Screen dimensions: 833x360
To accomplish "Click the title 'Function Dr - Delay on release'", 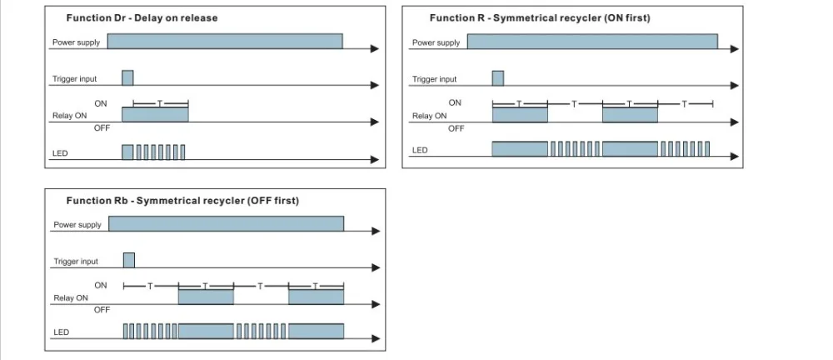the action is [142, 18].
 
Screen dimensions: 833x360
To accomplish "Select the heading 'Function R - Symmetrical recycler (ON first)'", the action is [540, 18].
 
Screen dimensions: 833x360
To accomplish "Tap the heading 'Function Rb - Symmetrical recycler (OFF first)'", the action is [182, 201].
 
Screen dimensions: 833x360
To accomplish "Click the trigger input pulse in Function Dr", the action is [127, 77].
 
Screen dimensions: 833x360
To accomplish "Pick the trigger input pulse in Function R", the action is [498, 78].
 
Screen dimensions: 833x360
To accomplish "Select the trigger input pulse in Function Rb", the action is [129, 260].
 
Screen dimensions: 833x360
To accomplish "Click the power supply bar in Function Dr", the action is [225, 41].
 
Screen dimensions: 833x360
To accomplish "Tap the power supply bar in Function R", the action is [592, 42].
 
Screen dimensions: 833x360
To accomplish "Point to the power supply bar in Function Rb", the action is [227, 224].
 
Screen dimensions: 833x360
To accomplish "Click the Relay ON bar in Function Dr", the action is [155, 115].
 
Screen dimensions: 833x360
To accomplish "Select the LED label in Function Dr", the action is [60, 153].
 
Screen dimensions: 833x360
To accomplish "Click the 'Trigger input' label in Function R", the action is [435, 79].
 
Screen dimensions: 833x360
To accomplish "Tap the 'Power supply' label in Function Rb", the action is [77, 225].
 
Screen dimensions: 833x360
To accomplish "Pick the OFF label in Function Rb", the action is [102, 310].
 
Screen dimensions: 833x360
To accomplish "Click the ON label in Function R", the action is [456, 102].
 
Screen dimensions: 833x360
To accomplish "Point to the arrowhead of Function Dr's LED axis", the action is [375, 159].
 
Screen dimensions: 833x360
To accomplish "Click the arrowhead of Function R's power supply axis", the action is [735, 49].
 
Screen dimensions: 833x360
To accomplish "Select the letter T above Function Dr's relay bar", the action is [159, 103].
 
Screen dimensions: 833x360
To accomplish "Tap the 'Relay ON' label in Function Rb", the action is [71, 298].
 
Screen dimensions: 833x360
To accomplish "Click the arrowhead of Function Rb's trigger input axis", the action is [377, 267].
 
